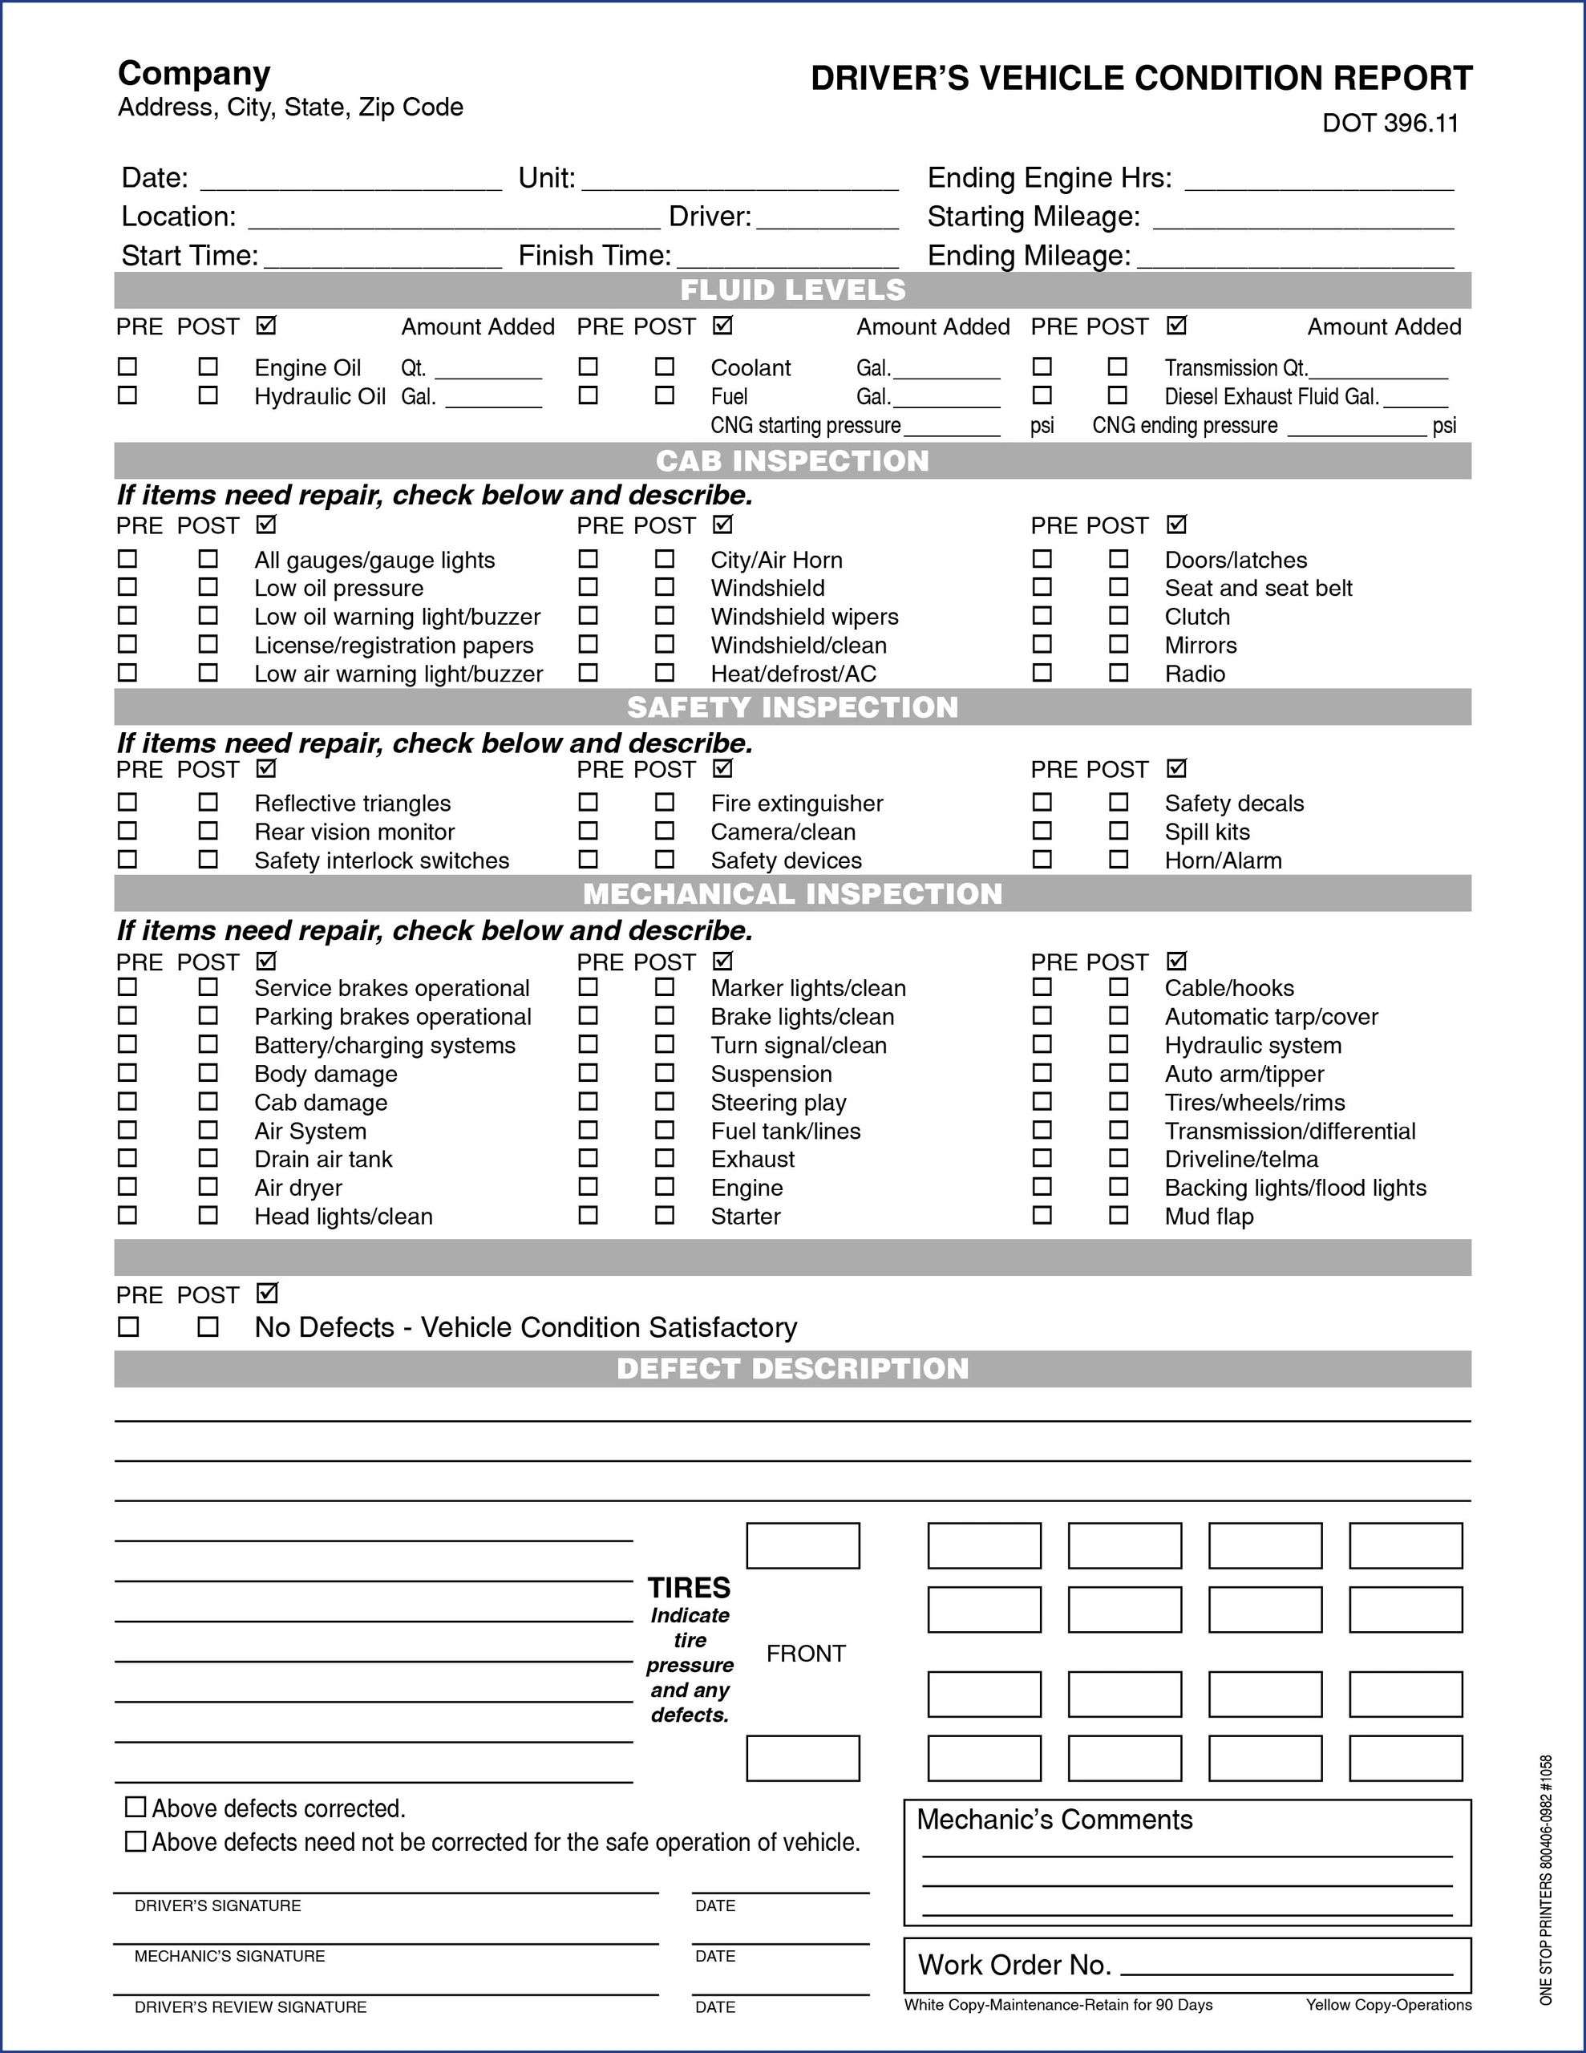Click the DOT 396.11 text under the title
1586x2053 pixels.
pos(1390,124)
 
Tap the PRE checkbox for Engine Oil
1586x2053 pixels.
pos(127,366)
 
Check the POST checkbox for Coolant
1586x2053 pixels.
pos(665,366)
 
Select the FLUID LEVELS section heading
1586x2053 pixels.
pos(792,290)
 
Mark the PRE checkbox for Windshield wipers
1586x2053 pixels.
pos(588,616)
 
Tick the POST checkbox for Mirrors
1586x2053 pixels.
pos(1118,644)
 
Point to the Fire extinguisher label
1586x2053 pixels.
pos(796,804)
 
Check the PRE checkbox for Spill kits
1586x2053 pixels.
pos(1042,831)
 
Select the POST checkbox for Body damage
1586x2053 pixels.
pos(208,1072)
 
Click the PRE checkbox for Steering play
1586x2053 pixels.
pos(588,1101)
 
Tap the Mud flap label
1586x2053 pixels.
pos(1209,1217)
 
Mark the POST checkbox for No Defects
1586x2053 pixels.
pos(208,1327)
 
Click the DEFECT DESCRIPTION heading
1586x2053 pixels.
pos(792,1369)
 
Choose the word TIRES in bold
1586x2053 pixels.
pos(689,1588)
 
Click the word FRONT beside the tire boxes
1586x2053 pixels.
pos(806,1654)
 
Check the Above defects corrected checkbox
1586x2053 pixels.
pos(136,1807)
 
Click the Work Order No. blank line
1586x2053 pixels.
pos(1287,1966)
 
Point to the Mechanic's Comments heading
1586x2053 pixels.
pos(1054,1820)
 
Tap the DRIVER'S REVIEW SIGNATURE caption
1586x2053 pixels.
pos(250,2008)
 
